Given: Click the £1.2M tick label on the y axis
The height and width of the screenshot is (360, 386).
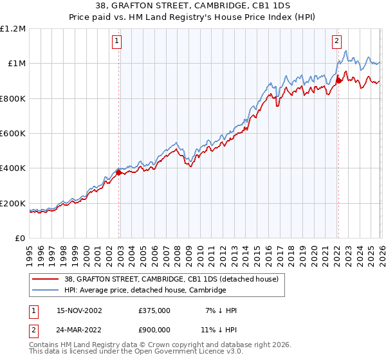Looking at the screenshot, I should point(13,29).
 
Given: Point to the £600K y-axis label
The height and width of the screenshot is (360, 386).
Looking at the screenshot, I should point(13,134).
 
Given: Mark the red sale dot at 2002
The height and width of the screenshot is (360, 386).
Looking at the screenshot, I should point(119,172).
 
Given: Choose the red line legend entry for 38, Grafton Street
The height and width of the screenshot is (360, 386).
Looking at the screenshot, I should point(171,279).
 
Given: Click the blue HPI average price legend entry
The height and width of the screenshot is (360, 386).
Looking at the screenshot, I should point(145,290).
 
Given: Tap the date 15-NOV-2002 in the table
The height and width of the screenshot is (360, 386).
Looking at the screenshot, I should point(79,310).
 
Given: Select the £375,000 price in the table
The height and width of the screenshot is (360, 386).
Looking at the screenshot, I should point(154,310).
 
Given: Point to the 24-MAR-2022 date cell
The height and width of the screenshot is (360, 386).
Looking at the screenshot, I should point(79,330).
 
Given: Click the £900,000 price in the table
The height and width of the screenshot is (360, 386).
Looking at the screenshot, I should point(154,330).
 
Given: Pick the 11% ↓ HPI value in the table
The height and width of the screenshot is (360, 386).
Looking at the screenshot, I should point(218,330).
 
